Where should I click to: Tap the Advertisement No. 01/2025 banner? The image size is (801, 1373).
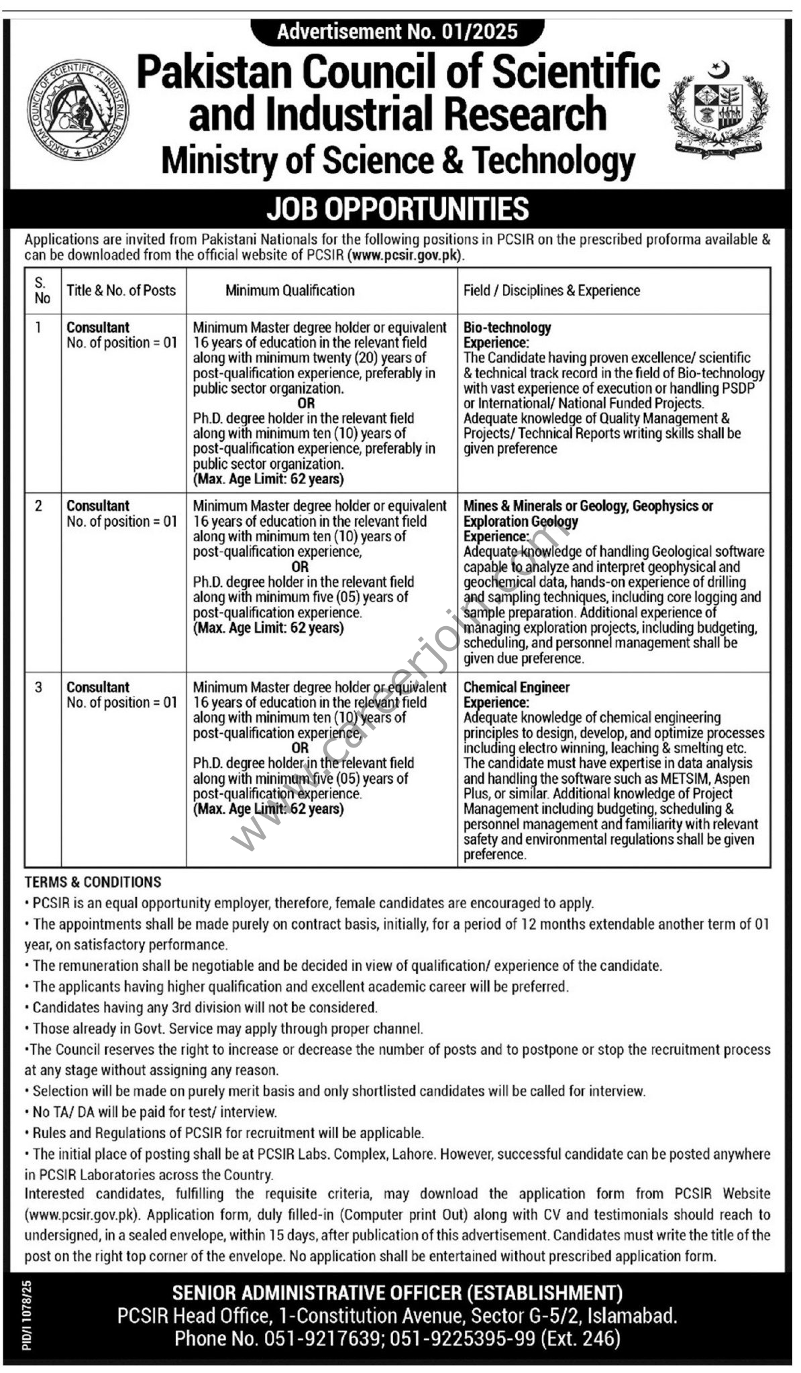(x=397, y=32)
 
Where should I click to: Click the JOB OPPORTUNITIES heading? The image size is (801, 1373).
(x=398, y=209)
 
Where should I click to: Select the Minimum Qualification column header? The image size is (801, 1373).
(x=290, y=290)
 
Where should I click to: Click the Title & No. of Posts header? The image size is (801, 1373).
(x=121, y=290)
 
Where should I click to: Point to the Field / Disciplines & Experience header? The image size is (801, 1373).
(x=551, y=290)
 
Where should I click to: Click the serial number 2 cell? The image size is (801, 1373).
(x=38, y=506)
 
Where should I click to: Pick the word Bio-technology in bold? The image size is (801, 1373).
(x=507, y=327)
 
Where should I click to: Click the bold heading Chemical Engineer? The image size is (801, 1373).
(x=517, y=687)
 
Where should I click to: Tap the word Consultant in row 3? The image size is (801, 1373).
(x=98, y=687)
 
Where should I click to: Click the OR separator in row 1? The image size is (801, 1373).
(x=306, y=404)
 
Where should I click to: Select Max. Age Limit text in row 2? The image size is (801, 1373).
(x=268, y=628)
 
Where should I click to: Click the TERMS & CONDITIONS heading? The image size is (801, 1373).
(x=93, y=882)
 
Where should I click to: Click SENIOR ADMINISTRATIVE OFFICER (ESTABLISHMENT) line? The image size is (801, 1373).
(x=397, y=1293)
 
